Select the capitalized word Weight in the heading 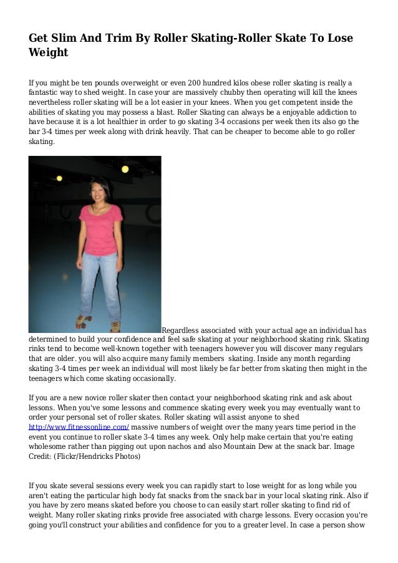pyautogui.click(x=48, y=52)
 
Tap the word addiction pyautogui.click(x=325, y=112)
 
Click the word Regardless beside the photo pyautogui.click(x=182, y=330)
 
